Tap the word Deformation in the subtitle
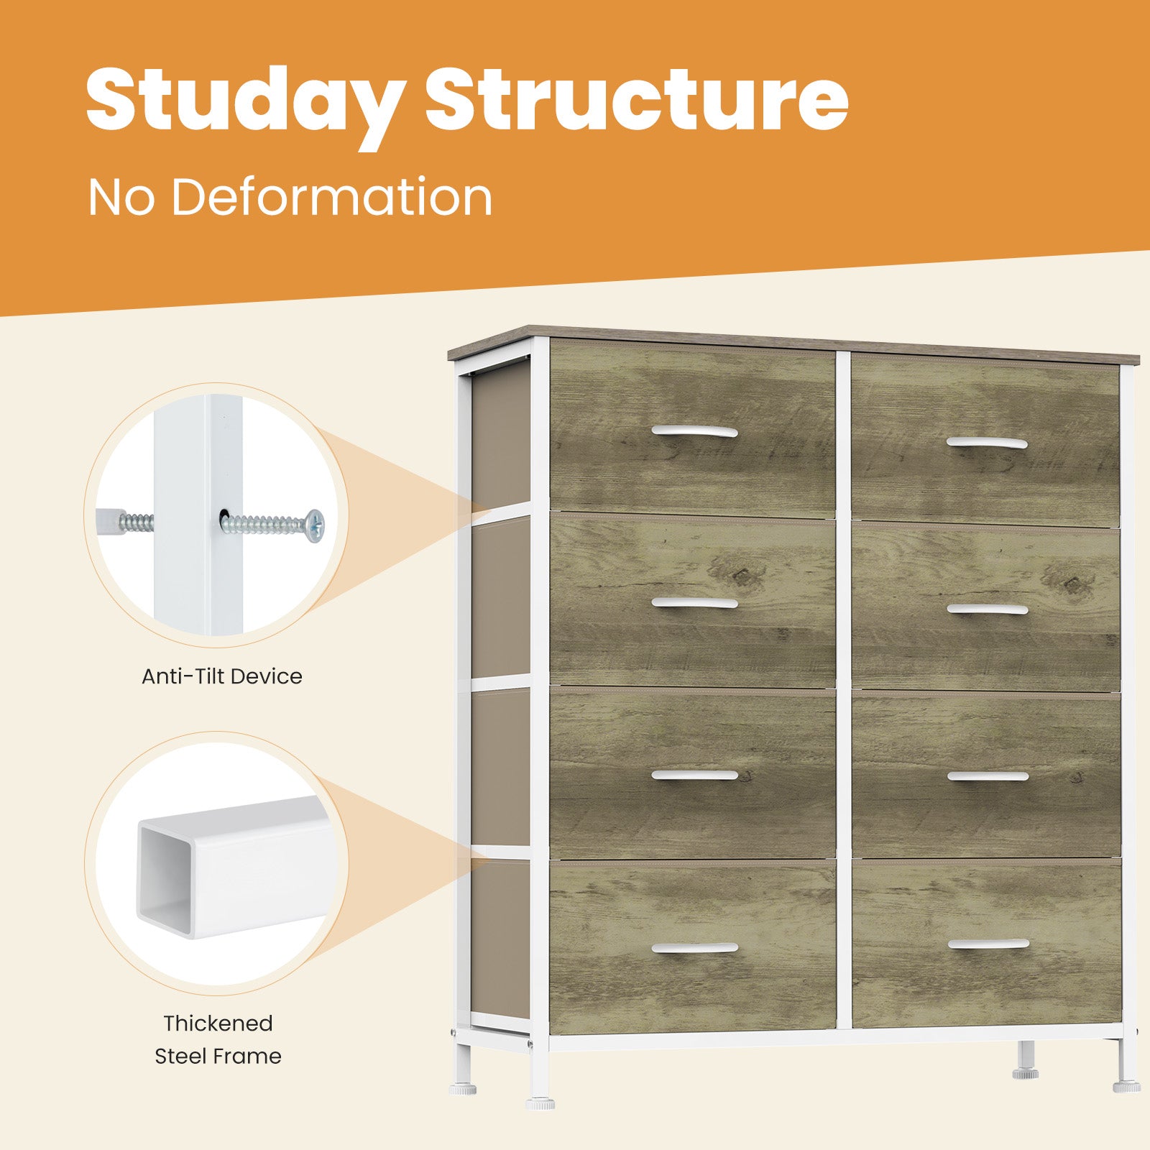click(x=331, y=196)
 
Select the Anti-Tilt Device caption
click(x=221, y=676)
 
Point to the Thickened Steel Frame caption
click(x=218, y=1039)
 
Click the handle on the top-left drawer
click(x=694, y=431)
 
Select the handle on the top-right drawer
click(x=986, y=442)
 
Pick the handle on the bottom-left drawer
click(x=694, y=947)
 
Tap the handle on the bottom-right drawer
click(x=988, y=944)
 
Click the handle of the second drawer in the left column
click(x=694, y=602)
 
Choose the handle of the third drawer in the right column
click(x=988, y=776)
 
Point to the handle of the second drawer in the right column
click(x=987, y=609)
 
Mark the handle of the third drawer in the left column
click(x=694, y=775)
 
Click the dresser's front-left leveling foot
click(x=540, y=1101)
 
